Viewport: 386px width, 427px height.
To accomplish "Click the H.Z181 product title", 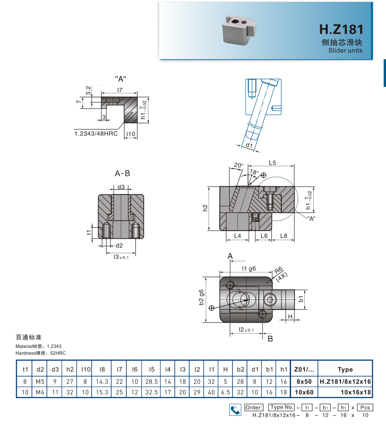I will click(x=341, y=29).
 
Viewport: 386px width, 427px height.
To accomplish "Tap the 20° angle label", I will click(x=239, y=165).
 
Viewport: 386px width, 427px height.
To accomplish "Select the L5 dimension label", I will click(x=272, y=163).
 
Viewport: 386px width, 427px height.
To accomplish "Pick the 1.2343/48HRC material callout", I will click(x=96, y=133).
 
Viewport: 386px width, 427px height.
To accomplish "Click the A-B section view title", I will click(x=122, y=173).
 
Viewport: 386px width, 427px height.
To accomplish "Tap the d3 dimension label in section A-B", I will click(x=121, y=186).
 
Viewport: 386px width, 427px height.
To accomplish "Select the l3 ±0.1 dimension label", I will click(x=121, y=256).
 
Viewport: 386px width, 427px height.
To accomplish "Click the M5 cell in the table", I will click(x=40, y=381).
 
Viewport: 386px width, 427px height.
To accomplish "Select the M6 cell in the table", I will click(x=40, y=392).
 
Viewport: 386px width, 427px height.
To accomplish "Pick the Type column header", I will click(x=345, y=370).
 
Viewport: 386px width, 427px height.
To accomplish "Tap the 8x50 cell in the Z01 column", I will click(x=304, y=381).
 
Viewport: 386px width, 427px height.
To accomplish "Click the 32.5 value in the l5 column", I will click(x=152, y=392).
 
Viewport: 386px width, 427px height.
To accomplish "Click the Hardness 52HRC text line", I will click(x=41, y=352).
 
